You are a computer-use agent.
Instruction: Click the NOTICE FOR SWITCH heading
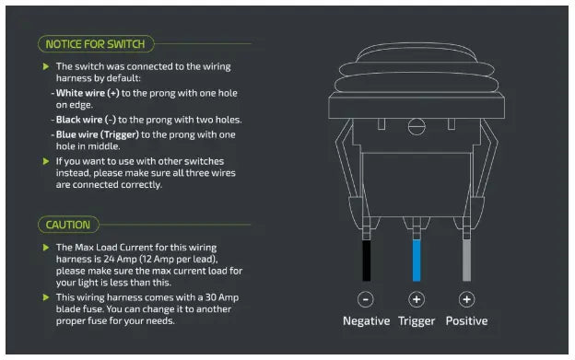pyautogui.click(x=95, y=44)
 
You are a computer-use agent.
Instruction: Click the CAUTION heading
pyautogui.click(x=68, y=225)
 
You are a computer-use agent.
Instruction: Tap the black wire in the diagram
pyautogui.click(x=367, y=261)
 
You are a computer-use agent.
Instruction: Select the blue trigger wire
pyautogui.click(x=417, y=261)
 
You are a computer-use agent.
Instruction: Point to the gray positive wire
pyautogui.click(x=466, y=261)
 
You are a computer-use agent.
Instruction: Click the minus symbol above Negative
pyautogui.click(x=366, y=299)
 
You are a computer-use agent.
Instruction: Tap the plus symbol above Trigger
pyautogui.click(x=417, y=299)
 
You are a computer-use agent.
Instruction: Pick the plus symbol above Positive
pyautogui.click(x=466, y=299)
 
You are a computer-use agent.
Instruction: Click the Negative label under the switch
pyautogui.click(x=367, y=320)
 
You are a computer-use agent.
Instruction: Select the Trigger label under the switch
pyautogui.click(x=417, y=321)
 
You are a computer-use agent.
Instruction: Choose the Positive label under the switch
pyautogui.click(x=466, y=320)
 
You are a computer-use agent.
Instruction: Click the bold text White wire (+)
pyautogui.click(x=88, y=93)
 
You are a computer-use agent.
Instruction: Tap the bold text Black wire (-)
pyautogui.click(x=87, y=120)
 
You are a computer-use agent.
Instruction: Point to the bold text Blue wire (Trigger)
pyautogui.click(x=98, y=134)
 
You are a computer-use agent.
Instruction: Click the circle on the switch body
pyautogui.click(x=417, y=127)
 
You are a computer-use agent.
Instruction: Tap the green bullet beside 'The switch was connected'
pyautogui.click(x=46, y=66)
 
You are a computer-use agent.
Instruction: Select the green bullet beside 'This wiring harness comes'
pyautogui.click(x=46, y=297)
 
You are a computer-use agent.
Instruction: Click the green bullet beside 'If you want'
pyautogui.click(x=46, y=161)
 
